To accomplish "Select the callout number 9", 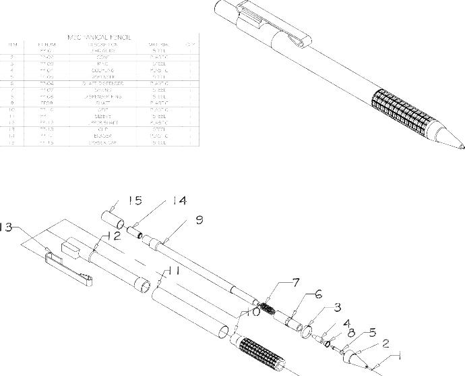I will tap(199, 219).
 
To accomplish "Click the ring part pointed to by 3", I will tap(307, 331).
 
